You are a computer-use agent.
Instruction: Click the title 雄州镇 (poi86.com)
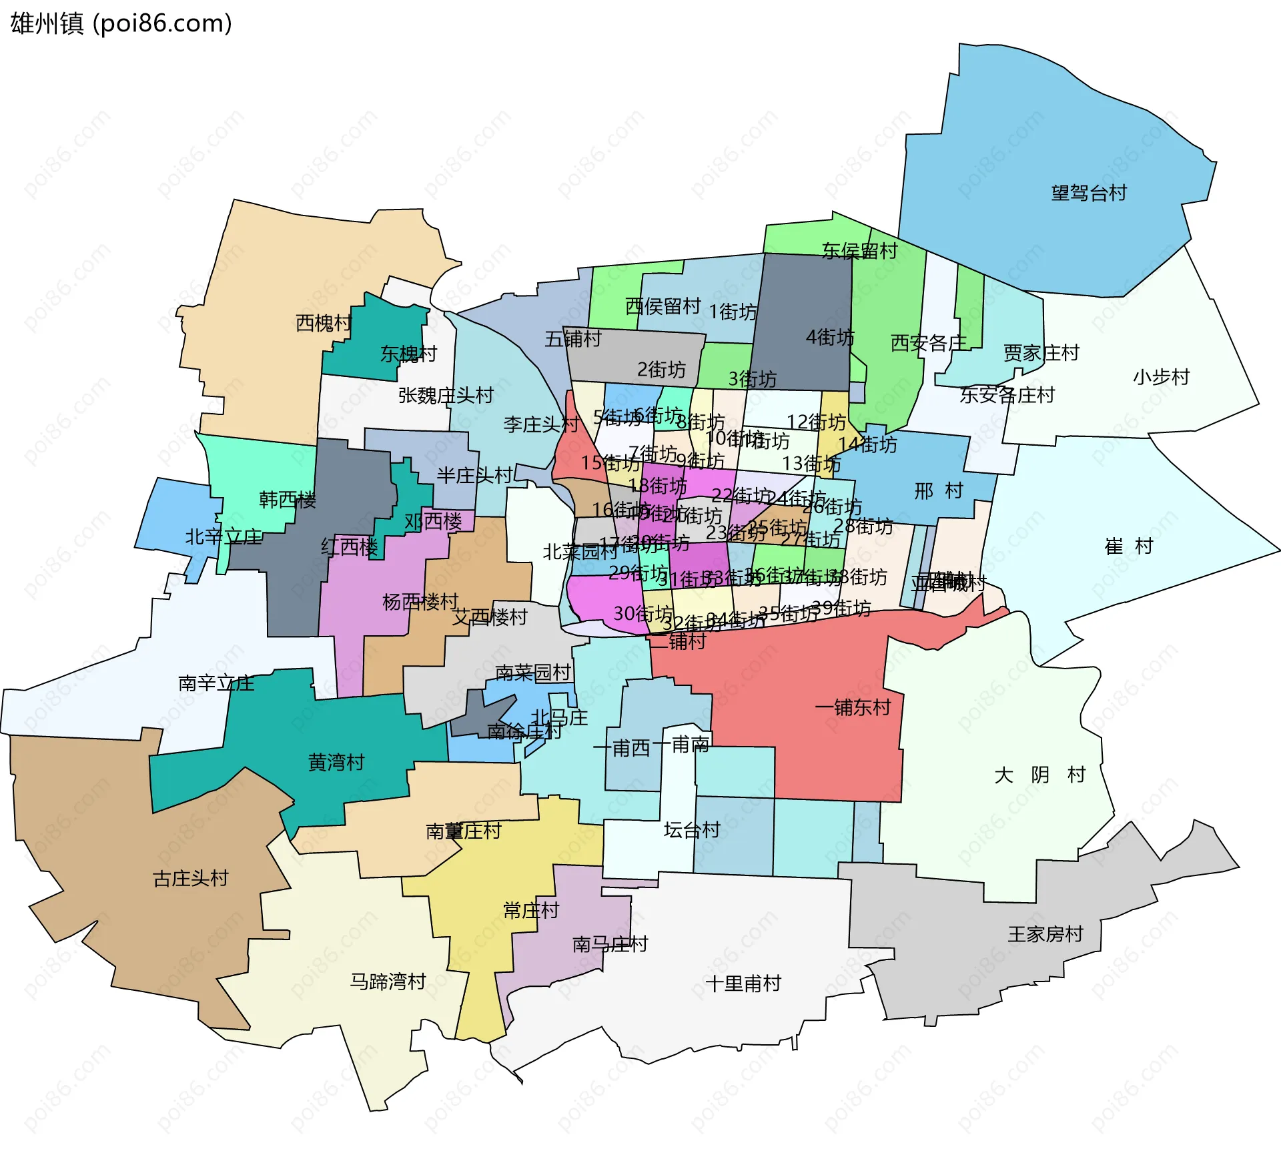point(121,23)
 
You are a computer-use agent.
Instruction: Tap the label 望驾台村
point(1088,194)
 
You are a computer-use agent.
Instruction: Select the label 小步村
point(1161,377)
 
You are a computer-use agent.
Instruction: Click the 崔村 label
point(1129,546)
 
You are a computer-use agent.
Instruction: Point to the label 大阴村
point(1039,775)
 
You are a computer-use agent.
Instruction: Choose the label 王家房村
point(1045,934)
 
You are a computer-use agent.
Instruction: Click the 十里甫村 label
point(743,984)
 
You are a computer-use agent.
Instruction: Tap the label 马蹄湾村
point(388,982)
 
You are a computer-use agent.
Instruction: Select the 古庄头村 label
point(191,878)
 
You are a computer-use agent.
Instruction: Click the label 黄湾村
point(336,762)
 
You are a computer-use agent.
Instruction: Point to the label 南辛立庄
point(216,683)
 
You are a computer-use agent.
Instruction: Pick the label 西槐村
point(324,323)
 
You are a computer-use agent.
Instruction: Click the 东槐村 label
point(408,354)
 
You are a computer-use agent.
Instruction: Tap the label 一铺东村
point(853,707)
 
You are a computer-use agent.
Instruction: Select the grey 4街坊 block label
point(829,337)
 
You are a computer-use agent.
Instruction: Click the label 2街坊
point(661,369)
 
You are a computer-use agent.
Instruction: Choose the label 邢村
point(939,491)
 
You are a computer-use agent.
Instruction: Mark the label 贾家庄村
point(1041,352)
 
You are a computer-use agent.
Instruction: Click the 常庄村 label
point(530,910)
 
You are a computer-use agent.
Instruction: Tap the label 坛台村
point(692,830)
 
